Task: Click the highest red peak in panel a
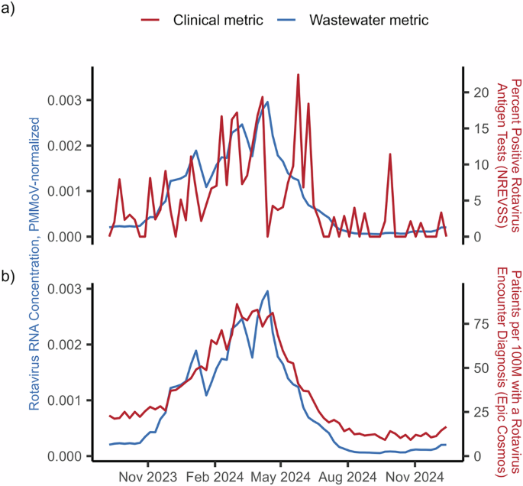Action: pyautogui.click(x=298, y=75)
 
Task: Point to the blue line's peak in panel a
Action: pyautogui.click(x=267, y=102)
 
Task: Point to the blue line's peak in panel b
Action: pyautogui.click(x=267, y=291)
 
